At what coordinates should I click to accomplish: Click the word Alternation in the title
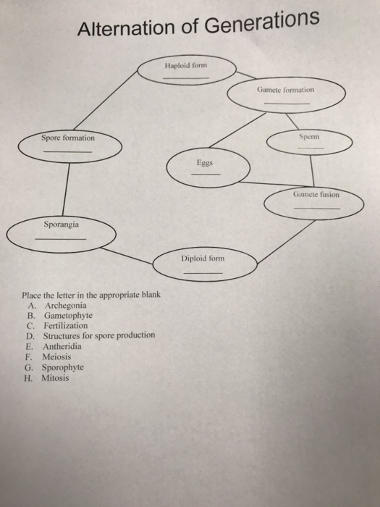(127, 28)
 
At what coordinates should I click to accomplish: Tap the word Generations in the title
(262, 22)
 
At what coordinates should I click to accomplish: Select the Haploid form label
(186, 66)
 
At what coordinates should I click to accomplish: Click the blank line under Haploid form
(186, 78)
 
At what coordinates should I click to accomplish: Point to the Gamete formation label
(285, 90)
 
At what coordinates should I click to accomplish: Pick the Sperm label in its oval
(309, 137)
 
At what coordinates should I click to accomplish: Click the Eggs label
(205, 163)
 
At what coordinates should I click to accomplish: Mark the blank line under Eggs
(206, 175)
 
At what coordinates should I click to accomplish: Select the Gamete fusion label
(316, 195)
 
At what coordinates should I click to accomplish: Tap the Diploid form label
(203, 259)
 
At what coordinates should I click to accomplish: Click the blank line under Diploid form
(203, 273)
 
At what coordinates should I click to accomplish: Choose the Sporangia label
(62, 225)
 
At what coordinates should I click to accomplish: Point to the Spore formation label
(68, 138)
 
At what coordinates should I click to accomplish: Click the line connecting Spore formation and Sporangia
(66, 189)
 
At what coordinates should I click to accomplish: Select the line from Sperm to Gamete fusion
(312, 171)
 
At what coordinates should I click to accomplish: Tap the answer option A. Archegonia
(57, 306)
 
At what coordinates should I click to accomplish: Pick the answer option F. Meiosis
(48, 357)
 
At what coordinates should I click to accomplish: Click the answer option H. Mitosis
(46, 378)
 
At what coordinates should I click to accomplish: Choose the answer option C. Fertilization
(57, 326)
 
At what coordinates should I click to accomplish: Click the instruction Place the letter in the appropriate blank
(91, 295)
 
